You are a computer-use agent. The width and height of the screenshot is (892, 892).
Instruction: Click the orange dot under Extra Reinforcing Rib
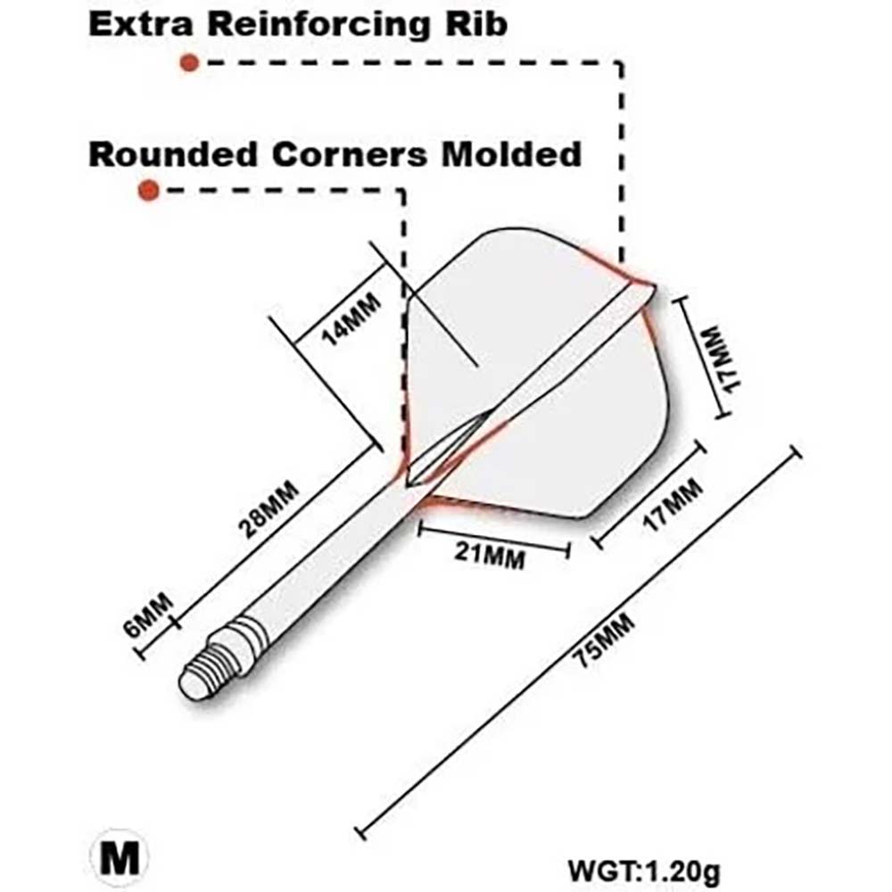click(188, 62)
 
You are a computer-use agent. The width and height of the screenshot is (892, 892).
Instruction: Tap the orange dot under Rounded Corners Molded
click(148, 190)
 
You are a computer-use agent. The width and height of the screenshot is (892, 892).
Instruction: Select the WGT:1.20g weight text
click(642, 867)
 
